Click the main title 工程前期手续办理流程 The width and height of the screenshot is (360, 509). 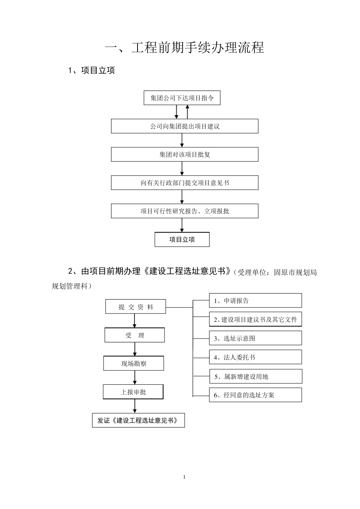pos(184,48)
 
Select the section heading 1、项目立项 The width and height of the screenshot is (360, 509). pos(91,70)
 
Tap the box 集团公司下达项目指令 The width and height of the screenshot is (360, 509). pos(182,98)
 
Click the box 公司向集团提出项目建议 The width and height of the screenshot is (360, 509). pos(185,126)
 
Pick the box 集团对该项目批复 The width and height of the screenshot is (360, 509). pos(185,155)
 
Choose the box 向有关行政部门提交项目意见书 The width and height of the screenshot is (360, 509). pos(185,183)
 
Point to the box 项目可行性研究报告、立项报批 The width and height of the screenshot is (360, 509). pos(185,211)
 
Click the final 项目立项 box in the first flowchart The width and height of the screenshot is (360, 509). pos(182,239)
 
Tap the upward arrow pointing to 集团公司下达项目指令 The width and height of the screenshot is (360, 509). pos(187,112)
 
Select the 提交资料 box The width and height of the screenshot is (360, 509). pos(136,307)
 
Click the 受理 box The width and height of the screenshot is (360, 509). pos(135,335)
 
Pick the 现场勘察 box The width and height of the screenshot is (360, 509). pos(134,364)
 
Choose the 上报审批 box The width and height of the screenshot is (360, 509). pos(133,392)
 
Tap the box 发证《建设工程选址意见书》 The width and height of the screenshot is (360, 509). pos(138,420)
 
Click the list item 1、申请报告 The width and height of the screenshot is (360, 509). pos(255,301)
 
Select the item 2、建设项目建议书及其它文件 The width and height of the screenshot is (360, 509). pos(255,319)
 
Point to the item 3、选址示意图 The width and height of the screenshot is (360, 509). pos(255,338)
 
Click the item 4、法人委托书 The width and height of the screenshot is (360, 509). pos(255,357)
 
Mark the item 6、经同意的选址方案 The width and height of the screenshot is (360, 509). pos(255,395)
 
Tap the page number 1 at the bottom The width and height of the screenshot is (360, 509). pos(184,477)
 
